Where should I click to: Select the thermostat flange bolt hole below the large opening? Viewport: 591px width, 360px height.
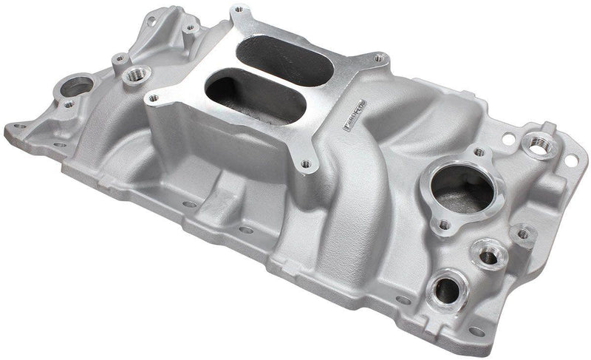click(445, 224)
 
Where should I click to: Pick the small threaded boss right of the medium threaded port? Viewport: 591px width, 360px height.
click(524, 234)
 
